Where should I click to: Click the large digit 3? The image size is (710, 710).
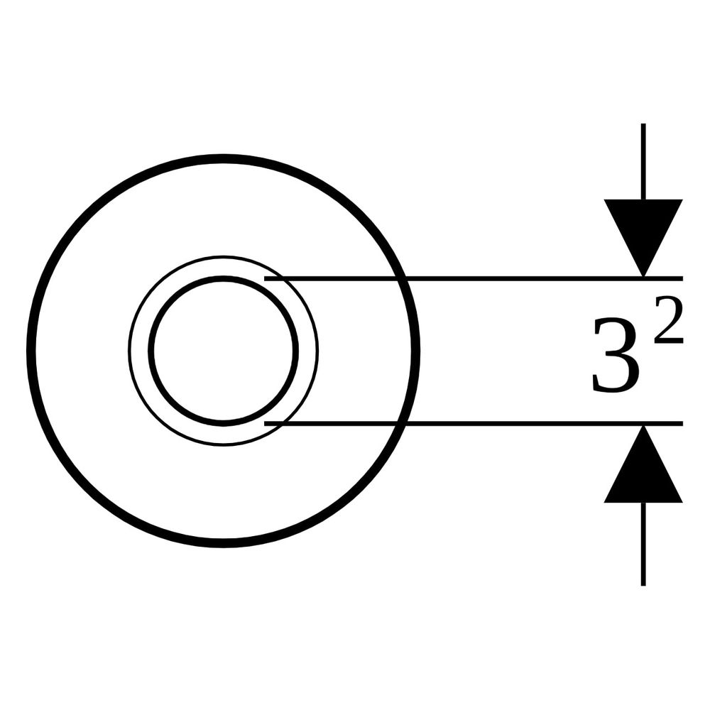tap(617, 354)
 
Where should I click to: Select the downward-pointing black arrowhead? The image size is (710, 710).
tap(643, 238)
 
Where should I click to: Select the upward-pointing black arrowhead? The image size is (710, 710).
tap(643, 464)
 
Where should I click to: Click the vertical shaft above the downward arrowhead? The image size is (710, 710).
tap(643, 161)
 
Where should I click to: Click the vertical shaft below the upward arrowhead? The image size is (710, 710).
tap(643, 545)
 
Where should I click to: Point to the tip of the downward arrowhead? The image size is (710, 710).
tap(643, 277)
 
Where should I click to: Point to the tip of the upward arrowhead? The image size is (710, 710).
tap(643, 425)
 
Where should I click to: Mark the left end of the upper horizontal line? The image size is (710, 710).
tap(264, 278)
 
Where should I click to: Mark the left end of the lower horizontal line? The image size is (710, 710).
tap(264, 423)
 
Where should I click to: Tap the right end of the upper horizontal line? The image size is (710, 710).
tap(683, 278)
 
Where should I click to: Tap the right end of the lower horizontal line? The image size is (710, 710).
tap(683, 423)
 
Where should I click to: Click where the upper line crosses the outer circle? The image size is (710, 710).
tap(402, 278)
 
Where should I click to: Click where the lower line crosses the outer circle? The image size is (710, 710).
tap(402, 423)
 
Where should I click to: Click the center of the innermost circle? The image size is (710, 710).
tap(223, 351)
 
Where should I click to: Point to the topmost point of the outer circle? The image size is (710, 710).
tap(223, 158)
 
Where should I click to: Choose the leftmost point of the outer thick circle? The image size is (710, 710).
tap(31, 351)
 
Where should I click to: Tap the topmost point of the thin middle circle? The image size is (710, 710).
tap(223, 257)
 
